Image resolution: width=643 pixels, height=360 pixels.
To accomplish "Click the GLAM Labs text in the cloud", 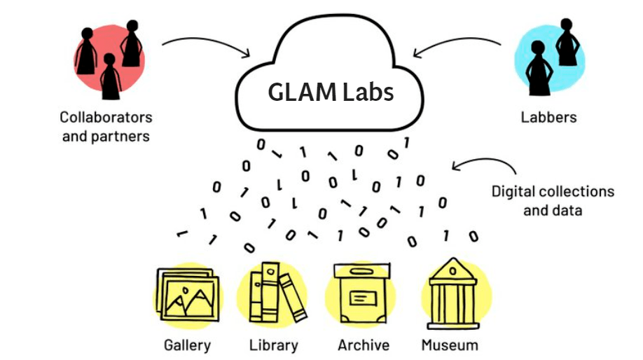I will (x=331, y=92).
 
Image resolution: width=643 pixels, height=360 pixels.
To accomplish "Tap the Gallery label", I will (x=187, y=345).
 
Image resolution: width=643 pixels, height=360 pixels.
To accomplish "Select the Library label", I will (x=273, y=345).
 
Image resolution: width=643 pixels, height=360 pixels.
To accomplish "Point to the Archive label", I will (x=363, y=345).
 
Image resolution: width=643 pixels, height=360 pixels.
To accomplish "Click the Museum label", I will (x=450, y=345).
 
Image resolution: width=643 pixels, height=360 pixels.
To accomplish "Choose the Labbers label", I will (x=548, y=117).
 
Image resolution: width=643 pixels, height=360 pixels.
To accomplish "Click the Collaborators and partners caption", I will (x=106, y=125).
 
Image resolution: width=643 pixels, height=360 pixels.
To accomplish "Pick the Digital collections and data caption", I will (x=553, y=200).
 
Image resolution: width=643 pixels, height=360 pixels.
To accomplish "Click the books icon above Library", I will (x=277, y=294).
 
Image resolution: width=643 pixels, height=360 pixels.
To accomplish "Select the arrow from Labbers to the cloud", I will (x=457, y=46).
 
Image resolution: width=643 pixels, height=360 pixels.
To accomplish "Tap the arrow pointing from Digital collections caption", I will (x=483, y=162).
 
